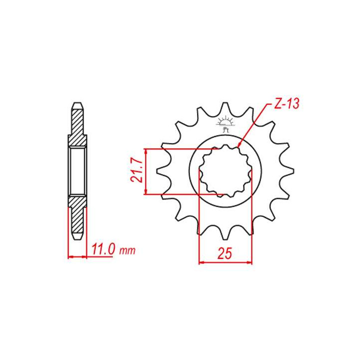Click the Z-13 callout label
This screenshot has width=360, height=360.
click(x=287, y=103)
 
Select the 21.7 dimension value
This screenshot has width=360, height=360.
click(x=137, y=171)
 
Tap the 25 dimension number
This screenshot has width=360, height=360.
click(x=225, y=253)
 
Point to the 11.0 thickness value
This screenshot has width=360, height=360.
click(x=103, y=249)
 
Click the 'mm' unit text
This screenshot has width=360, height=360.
click(x=127, y=250)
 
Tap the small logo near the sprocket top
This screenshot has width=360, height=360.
click(x=225, y=124)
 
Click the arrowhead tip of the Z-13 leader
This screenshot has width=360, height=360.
click(x=238, y=146)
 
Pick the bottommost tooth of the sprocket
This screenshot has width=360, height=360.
click(x=225, y=233)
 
